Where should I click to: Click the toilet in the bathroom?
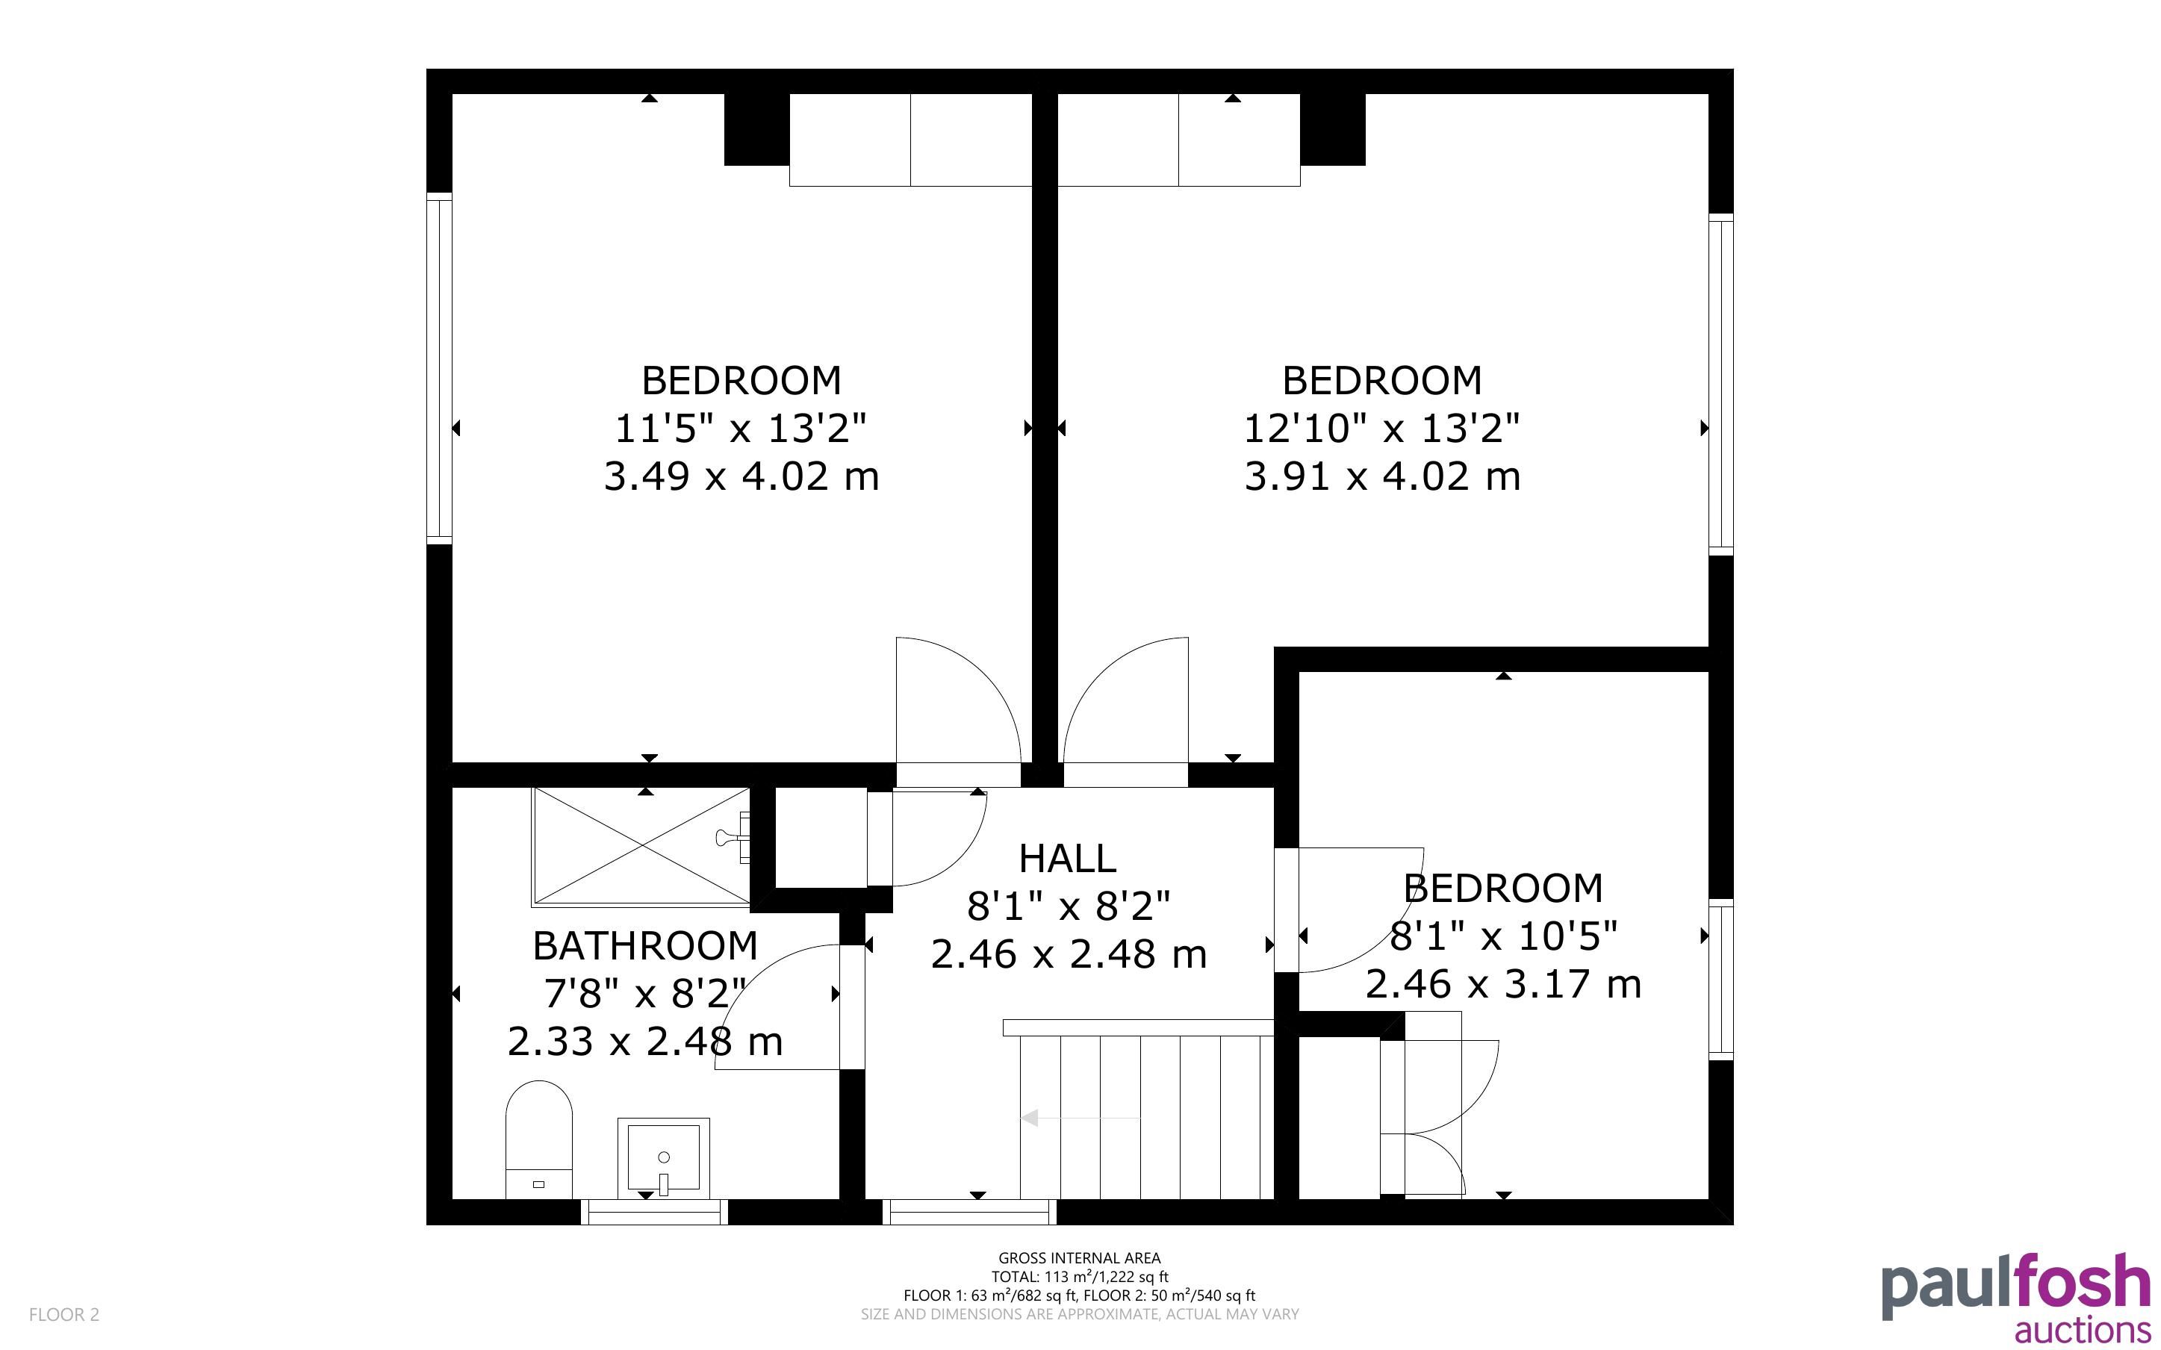tap(538, 1140)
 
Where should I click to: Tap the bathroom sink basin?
tap(663, 1158)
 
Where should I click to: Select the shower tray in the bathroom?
tap(641, 845)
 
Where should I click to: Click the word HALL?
tap(1068, 858)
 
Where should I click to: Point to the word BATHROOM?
tap(645, 945)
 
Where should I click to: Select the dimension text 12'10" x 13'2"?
tap(1381, 429)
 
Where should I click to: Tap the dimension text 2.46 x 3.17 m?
tap(1503, 984)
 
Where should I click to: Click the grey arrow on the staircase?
tap(1080, 1117)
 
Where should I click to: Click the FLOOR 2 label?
tap(64, 1314)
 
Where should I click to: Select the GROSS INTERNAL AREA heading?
tap(1079, 1258)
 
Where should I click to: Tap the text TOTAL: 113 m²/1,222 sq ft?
tap(1079, 1277)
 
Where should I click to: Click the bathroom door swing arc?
tap(741, 991)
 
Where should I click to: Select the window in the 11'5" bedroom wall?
tap(439, 368)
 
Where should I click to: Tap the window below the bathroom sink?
tap(654, 1212)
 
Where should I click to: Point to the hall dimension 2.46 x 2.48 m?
tap(1069, 954)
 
